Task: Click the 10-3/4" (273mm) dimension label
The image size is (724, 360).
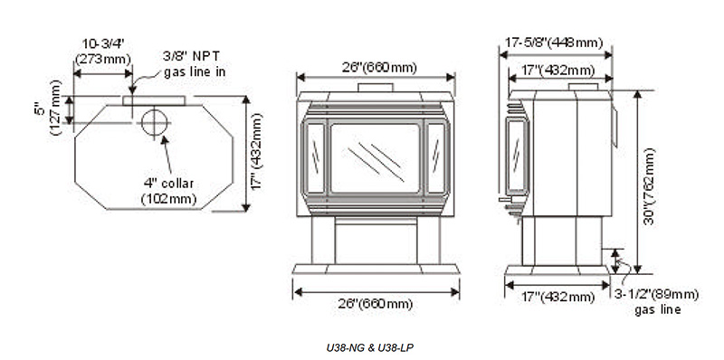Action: (103, 52)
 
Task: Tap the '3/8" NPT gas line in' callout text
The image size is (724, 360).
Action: (195, 63)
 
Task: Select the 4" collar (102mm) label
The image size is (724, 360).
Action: (168, 191)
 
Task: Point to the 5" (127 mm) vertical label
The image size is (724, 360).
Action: (48, 109)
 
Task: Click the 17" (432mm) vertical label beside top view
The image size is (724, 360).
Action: (256, 152)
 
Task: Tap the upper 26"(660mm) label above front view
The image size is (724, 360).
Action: (379, 67)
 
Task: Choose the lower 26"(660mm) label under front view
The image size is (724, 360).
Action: (375, 304)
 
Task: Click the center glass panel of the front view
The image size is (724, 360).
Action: (375, 158)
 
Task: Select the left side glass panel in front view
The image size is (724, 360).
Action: (316, 158)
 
